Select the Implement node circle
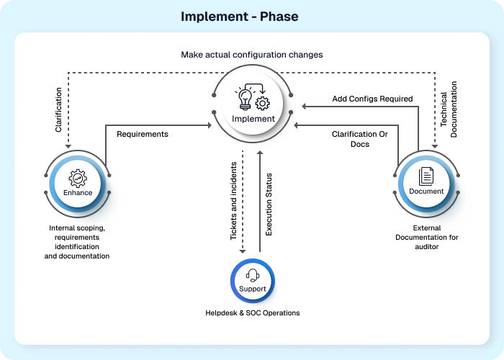[253, 105]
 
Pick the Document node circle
[426, 181]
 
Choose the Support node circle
[252, 279]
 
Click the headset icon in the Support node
[252, 274]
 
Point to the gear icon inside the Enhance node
[77, 176]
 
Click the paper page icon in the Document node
[426, 175]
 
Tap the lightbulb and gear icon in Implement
[253, 99]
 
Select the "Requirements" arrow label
[143, 134]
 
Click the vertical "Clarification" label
[58, 109]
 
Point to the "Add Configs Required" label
[372, 99]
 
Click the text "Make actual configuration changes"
[252, 55]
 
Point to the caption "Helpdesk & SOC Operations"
[252, 312]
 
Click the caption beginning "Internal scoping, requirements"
[77, 241]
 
